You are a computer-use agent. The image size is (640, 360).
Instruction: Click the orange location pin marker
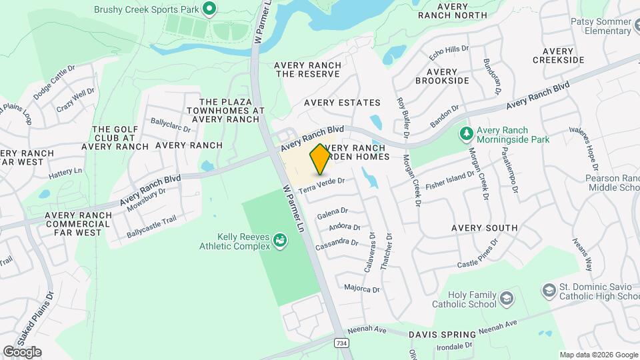320,159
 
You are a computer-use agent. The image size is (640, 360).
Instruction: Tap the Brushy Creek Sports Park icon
209,9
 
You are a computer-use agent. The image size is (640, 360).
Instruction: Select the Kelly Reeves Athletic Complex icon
281,239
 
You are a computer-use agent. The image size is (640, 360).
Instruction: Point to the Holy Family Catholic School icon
506,297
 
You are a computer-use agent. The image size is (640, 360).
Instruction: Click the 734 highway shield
341,343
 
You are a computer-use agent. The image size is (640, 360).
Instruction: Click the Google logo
22,352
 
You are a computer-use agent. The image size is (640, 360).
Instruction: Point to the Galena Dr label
333,213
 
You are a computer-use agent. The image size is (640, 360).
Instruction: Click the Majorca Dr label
362,289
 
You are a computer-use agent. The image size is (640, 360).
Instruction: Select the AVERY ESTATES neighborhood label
342,103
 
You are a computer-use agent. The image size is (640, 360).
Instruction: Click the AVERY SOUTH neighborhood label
484,228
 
